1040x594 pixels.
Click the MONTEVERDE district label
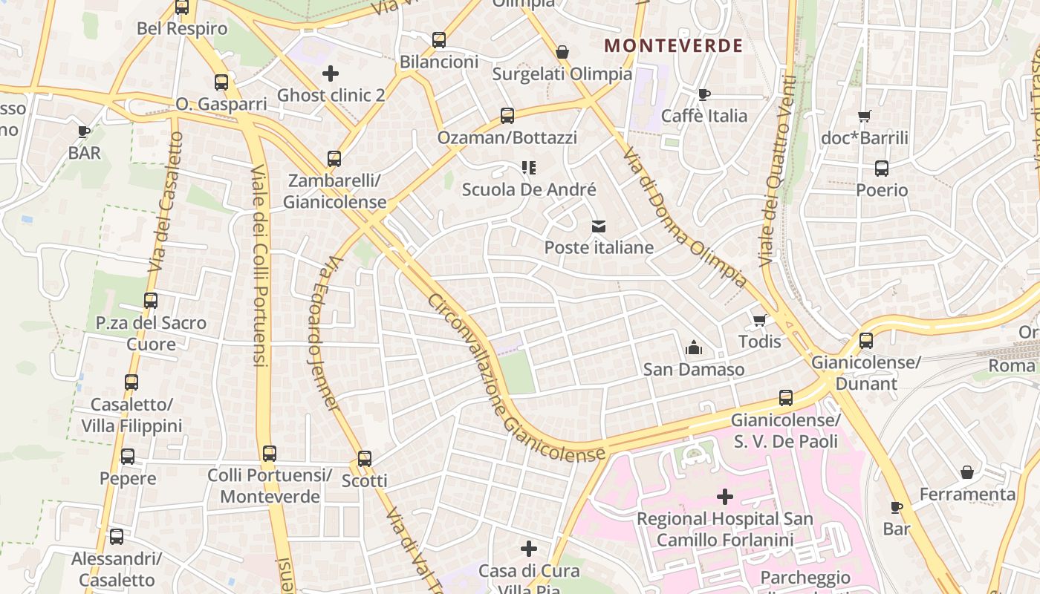673,46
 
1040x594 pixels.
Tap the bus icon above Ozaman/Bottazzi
507,116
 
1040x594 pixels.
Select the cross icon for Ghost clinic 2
331,74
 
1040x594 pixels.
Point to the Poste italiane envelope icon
599,226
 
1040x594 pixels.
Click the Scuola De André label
529,190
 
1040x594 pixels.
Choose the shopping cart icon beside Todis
759,321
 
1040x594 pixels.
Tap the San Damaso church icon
694,347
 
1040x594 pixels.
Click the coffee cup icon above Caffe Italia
703,94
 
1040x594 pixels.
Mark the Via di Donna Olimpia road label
683,215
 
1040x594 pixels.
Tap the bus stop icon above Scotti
364,459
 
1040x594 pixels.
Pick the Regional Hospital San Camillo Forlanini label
725,529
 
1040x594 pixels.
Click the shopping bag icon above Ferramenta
967,472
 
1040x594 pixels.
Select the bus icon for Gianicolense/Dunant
866,341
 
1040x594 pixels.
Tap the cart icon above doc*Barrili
864,116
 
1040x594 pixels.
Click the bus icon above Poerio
882,169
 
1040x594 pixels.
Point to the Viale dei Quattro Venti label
776,171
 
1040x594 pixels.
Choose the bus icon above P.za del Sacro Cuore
151,301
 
